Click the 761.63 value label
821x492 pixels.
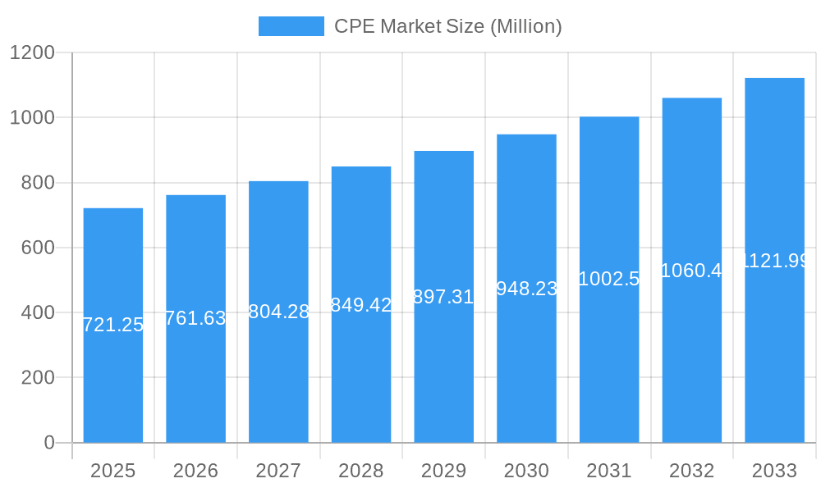pyautogui.click(x=195, y=318)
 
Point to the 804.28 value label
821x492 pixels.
pyautogui.click(x=278, y=312)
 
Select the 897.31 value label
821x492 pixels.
pyautogui.click(x=443, y=297)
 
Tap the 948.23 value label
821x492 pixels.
pyautogui.click(x=526, y=289)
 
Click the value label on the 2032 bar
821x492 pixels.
pyautogui.click(x=691, y=271)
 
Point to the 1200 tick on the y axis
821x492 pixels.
pyautogui.click(x=32, y=53)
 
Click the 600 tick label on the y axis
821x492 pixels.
pyautogui.click(x=38, y=248)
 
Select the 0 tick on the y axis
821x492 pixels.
pyautogui.click(x=48, y=443)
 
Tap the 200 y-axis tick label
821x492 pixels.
pyautogui.click(x=38, y=378)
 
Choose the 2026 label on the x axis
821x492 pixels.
pyautogui.click(x=195, y=471)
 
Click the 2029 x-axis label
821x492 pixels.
pyautogui.click(x=443, y=471)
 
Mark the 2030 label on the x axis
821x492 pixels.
pyautogui.click(x=526, y=471)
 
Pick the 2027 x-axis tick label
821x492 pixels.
pyautogui.click(x=278, y=471)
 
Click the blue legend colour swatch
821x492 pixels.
pyautogui.click(x=291, y=26)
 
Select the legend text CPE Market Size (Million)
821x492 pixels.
pyautogui.click(x=447, y=26)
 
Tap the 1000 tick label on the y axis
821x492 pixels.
pyautogui.click(x=32, y=118)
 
